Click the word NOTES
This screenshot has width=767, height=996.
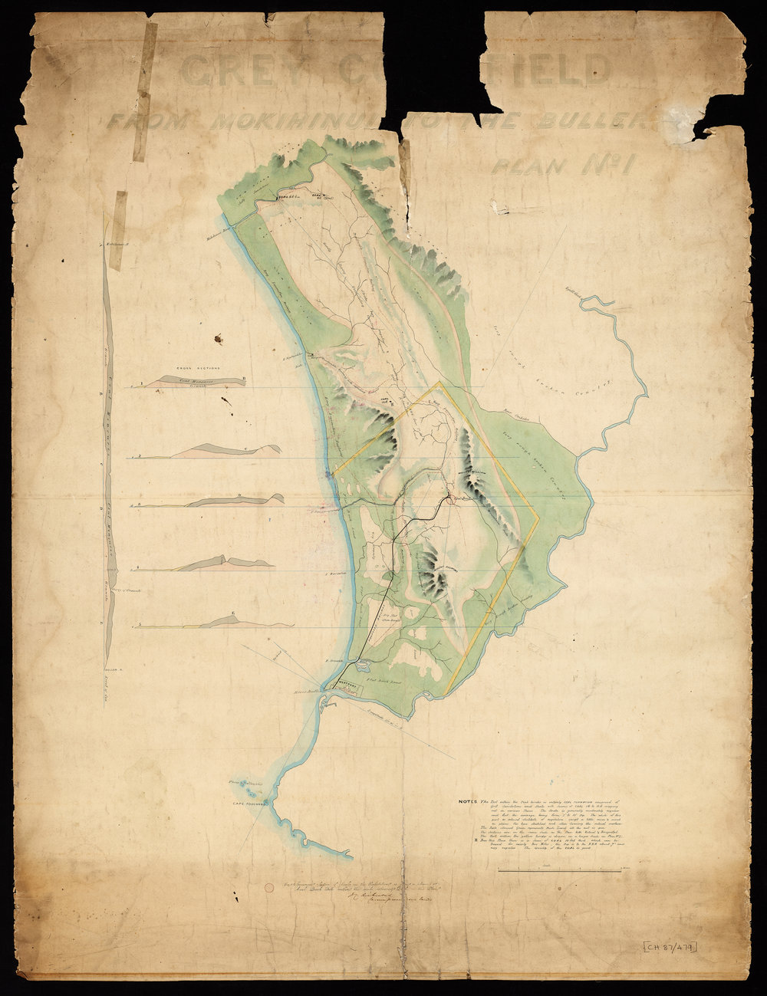(x=469, y=802)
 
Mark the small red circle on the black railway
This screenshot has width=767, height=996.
(x=444, y=501)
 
